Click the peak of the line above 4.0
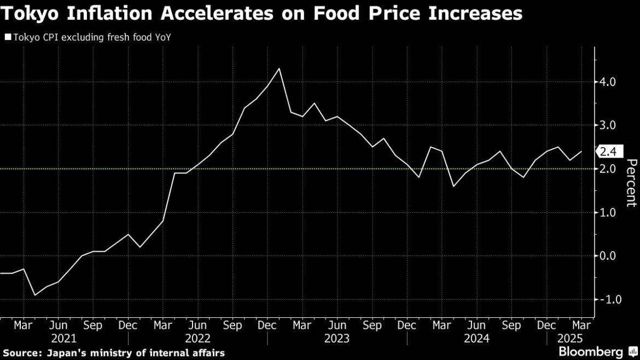pyautogui.click(x=280, y=69)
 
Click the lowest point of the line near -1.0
pyautogui.click(x=36, y=295)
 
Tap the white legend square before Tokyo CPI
pyautogui.click(x=7, y=38)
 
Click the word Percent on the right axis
pyautogui.click(x=631, y=183)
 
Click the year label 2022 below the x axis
pyautogui.click(x=198, y=338)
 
